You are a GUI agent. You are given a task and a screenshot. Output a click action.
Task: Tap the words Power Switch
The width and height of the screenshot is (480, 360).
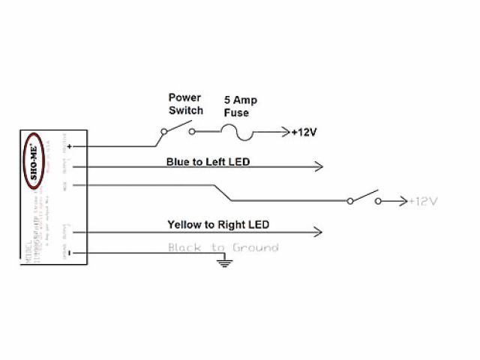click(185, 104)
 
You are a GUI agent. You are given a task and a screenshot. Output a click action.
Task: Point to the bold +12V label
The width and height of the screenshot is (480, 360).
click(303, 133)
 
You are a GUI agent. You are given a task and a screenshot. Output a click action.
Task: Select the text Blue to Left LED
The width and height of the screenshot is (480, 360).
click(208, 162)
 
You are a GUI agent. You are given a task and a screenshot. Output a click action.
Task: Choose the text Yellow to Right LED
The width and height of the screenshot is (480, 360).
click(218, 224)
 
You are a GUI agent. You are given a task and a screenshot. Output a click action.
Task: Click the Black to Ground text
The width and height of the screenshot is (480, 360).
click(223, 247)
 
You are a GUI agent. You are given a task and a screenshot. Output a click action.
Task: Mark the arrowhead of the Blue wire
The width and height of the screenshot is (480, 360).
click(319, 166)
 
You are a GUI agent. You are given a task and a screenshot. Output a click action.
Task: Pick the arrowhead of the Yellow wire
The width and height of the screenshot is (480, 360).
click(319, 232)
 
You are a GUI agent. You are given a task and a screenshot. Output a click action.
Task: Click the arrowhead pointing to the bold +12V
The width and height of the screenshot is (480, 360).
click(284, 133)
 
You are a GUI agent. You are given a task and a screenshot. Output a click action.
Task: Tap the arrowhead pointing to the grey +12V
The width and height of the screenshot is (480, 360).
click(403, 201)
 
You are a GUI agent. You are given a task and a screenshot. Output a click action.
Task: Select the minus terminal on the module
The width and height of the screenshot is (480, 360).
click(69, 253)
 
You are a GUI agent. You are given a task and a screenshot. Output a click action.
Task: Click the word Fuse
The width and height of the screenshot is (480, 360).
click(237, 112)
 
